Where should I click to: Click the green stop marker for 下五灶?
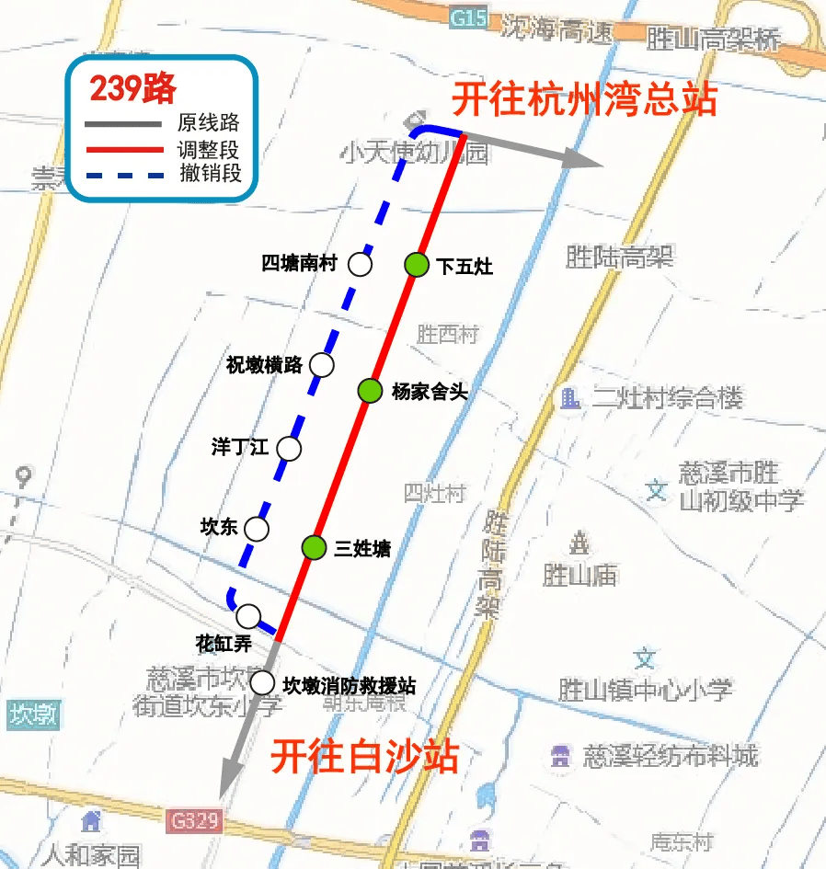pos(417,266)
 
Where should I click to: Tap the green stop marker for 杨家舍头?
pos(370,391)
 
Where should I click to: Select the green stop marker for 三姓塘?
pos(315,548)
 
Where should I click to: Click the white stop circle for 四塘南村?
pos(360,266)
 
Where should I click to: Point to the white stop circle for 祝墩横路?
pos(322,365)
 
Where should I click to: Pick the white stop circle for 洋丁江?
pos(289,449)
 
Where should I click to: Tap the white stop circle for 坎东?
pos(257,529)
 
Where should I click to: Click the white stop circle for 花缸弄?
pos(248,615)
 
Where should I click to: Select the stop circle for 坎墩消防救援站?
pos(262,683)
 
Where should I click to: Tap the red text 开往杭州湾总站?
pos(584,99)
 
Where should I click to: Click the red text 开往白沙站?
pos(364,758)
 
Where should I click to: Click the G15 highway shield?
pos(468,18)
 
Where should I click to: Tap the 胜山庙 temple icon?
pos(580,543)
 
